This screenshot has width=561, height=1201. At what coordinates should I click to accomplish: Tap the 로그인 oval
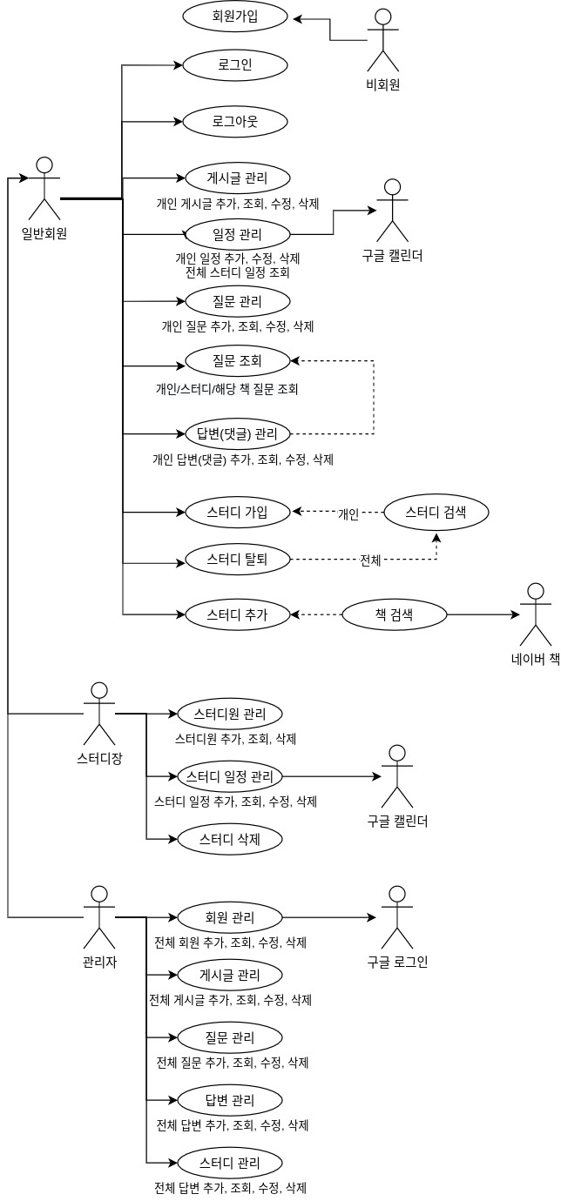(x=235, y=65)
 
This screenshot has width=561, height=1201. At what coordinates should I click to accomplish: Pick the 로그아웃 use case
(x=235, y=121)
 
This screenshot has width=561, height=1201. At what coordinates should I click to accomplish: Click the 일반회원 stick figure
(x=44, y=188)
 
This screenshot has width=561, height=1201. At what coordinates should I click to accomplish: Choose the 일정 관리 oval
(x=237, y=234)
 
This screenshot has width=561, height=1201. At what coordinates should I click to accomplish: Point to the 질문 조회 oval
(x=237, y=359)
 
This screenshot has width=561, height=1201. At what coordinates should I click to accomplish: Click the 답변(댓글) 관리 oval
(x=237, y=433)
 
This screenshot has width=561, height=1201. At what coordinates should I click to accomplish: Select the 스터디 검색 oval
(x=436, y=513)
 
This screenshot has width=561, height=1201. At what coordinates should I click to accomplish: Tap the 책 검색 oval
(x=394, y=614)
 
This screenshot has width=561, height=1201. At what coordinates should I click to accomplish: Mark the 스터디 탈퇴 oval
(x=237, y=560)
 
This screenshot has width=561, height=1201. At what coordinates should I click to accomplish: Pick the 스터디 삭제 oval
(x=230, y=840)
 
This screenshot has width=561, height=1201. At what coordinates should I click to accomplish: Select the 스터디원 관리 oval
(x=230, y=715)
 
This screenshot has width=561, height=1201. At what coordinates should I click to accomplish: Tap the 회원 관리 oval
(x=230, y=917)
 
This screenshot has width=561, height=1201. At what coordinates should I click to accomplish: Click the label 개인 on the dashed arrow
(x=348, y=514)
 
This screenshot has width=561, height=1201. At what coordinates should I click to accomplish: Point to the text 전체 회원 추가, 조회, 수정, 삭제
(x=230, y=943)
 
